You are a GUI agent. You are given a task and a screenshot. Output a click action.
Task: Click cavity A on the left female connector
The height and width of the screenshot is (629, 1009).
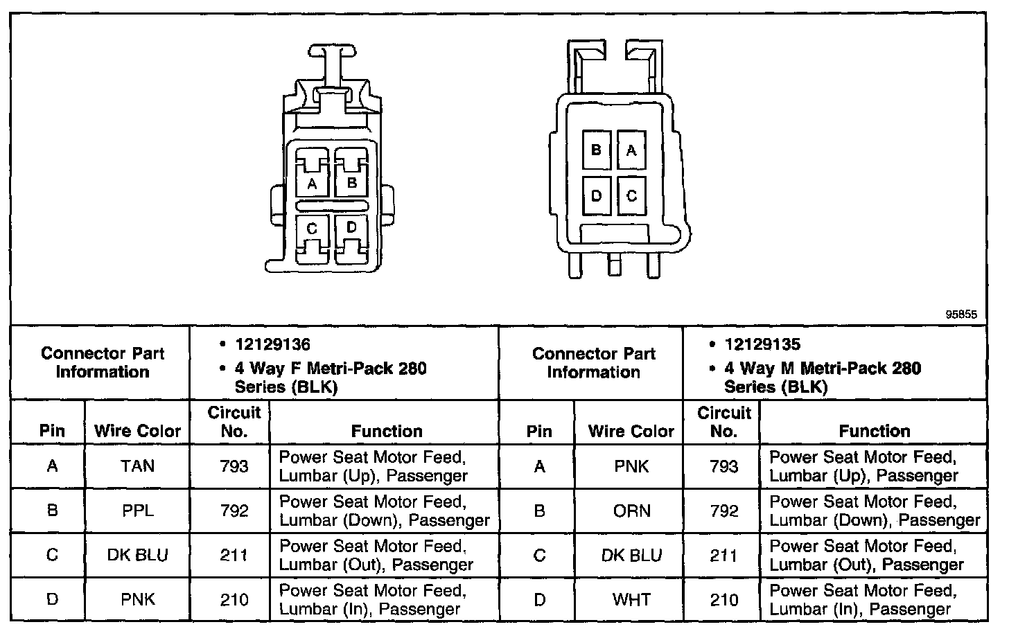click(312, 184)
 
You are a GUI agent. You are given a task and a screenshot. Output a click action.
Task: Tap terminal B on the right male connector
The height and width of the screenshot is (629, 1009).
click(596, 150)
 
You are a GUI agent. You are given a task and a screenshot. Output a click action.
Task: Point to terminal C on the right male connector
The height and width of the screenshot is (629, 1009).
click(631, 196)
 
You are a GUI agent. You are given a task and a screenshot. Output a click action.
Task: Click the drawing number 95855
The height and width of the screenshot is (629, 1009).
click(961, 314)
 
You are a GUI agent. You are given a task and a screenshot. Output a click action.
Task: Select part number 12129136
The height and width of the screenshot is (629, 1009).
click(272, 344)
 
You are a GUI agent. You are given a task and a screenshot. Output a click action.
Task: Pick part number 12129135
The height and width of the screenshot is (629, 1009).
click(762, 344)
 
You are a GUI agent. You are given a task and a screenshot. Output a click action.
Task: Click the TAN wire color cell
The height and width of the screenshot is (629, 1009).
click(137, 466)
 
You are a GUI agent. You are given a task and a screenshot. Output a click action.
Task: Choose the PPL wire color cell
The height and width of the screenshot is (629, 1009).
click(137, 511)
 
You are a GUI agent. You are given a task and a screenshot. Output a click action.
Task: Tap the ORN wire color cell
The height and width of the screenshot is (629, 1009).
click(631, 511)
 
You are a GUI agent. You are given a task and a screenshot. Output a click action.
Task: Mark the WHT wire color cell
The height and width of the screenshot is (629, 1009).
click(631, 599)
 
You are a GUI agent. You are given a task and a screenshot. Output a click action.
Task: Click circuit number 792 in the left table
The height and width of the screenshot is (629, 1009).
click(234, 511)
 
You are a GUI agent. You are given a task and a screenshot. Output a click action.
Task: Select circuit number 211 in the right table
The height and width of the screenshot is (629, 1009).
click(723, 555)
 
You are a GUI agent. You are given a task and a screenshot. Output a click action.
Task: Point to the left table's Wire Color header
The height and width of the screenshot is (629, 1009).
click(137, 431)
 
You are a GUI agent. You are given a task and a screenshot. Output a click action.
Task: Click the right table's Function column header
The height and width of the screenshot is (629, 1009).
click(875, 431)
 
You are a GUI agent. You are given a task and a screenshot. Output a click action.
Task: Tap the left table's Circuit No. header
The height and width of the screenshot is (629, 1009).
click(234, 421)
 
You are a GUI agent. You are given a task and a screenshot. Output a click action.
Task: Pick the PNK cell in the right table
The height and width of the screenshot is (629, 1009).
click(631, 466)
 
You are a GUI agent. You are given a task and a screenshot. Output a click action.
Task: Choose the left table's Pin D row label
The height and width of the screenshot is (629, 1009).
click(52, 599)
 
